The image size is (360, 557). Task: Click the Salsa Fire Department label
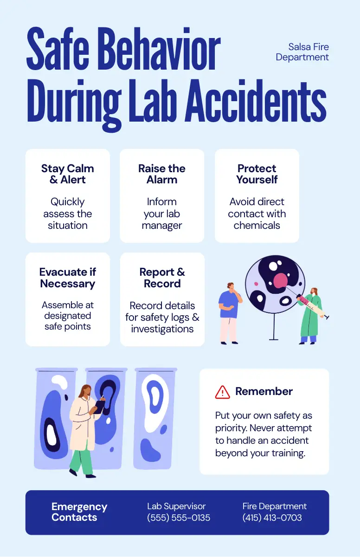302,52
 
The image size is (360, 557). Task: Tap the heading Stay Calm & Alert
68,174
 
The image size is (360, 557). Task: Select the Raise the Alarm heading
162,174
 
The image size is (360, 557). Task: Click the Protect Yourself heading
257,174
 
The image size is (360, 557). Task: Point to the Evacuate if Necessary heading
68,278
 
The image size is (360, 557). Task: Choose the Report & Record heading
162,278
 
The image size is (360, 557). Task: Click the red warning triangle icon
223,392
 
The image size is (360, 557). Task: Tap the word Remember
264,391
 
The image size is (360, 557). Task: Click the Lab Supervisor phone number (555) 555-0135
179,518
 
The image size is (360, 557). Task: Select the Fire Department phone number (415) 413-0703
272,518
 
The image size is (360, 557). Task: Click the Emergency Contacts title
79,512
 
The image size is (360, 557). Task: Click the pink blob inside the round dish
280,280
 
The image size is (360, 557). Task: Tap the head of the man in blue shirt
231,286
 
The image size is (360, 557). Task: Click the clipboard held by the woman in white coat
99,407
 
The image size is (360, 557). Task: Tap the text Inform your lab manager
162,214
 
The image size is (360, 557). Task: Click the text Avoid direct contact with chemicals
257,214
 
